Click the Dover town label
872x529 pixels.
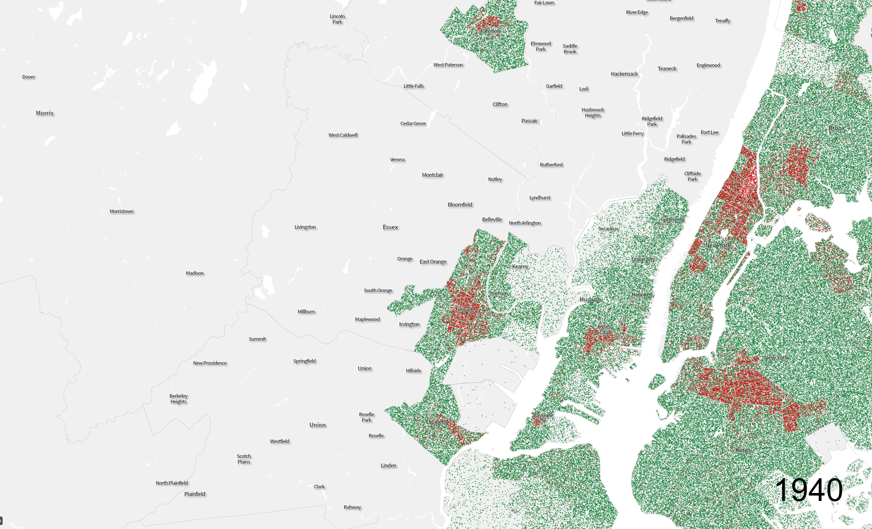29,77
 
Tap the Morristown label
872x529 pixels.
122,212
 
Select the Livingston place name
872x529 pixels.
305,227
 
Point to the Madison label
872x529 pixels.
194,273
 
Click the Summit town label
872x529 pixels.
257,339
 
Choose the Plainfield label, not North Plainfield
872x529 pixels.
194,494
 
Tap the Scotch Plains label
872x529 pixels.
244,459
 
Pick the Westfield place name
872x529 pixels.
280,442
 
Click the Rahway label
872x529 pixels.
352,507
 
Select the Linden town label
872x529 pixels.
388,466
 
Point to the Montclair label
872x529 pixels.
432,175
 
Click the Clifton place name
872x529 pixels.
500,105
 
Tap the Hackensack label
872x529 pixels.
624,74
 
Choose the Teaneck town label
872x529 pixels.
667,69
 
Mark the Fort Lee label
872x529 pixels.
709,133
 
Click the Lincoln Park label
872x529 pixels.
337,19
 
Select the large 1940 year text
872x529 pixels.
809,490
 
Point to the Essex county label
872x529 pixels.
390,227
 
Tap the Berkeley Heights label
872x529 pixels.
179,399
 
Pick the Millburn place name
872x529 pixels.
306,312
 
